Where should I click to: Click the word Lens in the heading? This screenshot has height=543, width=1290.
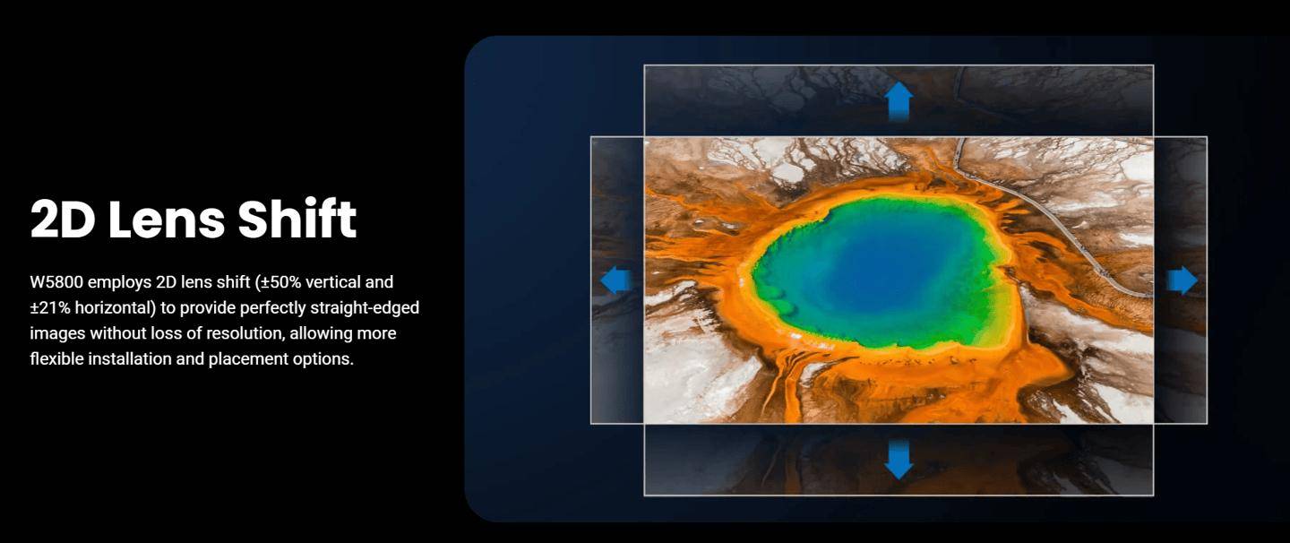click(167, 219)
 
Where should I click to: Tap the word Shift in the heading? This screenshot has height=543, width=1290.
click(297, 219)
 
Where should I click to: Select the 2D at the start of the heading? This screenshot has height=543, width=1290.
click(63, 219)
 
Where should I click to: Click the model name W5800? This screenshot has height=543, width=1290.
click(56, 282)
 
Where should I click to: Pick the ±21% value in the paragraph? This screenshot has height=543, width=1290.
click(50, 308)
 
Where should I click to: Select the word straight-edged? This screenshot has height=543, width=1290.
click(365, 308)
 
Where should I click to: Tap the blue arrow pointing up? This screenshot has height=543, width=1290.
click(899, 101)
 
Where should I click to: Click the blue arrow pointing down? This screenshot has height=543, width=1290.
click(899, 460)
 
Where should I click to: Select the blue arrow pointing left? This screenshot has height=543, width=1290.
click(616, 280)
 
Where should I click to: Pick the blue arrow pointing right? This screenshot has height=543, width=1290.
click(1182, 280)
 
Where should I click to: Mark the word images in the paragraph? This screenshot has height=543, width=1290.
click(57, 334)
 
